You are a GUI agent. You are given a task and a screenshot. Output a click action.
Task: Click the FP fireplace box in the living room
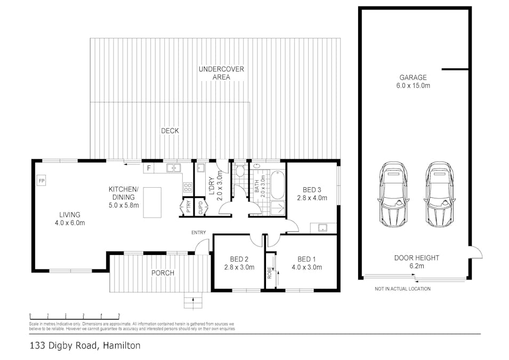coord(42,181)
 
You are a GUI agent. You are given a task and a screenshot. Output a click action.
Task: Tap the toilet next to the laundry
coord(240,172)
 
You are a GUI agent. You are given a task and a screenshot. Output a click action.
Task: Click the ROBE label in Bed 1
coord(270,274)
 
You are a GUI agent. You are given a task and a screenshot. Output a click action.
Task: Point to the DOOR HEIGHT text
coord(416,258)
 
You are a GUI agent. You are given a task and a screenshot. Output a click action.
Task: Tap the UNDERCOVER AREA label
coord(214,73)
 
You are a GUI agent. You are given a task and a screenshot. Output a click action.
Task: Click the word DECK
coord(170,131)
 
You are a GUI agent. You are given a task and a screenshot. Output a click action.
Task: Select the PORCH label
coord(163,273)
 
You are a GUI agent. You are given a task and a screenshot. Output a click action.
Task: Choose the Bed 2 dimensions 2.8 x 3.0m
coord(239,268)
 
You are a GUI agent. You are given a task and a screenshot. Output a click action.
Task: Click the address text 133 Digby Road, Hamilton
coord(85,346)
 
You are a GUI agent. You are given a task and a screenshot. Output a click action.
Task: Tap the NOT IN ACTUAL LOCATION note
coord(402,289)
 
